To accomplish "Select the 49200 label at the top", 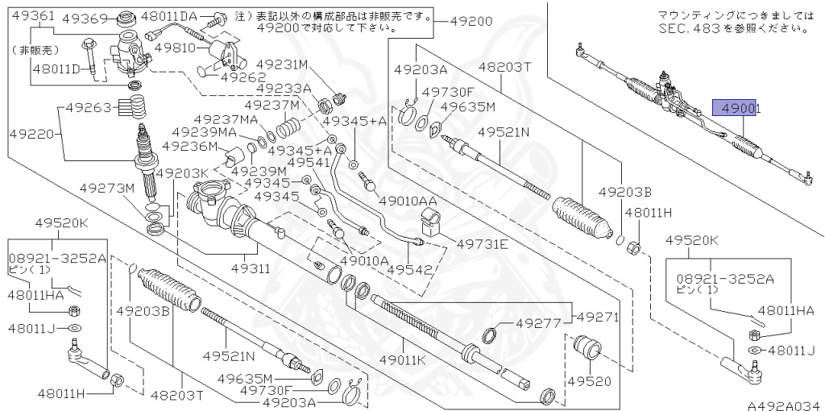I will pyautogui.click(x=471, y=21).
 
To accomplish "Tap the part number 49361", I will pyautogui.click(x=32, y=15).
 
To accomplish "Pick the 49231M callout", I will pyautogui.click(x=283, y=64).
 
